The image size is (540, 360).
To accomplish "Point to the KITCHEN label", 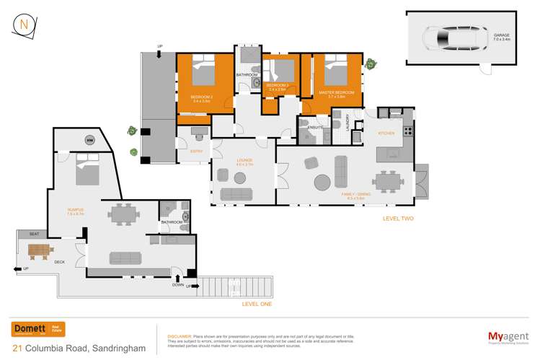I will point(386,133).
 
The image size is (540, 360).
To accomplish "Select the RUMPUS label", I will point(76,211).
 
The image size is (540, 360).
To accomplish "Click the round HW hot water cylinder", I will point(89,140).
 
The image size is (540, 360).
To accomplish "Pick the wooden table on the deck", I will point(40,250).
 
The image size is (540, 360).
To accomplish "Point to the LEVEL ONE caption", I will point(257,305).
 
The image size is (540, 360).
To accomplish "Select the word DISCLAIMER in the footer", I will point(180,336).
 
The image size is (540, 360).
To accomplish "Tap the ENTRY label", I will point(196,152).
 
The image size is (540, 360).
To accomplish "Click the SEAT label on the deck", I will point(34,234).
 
